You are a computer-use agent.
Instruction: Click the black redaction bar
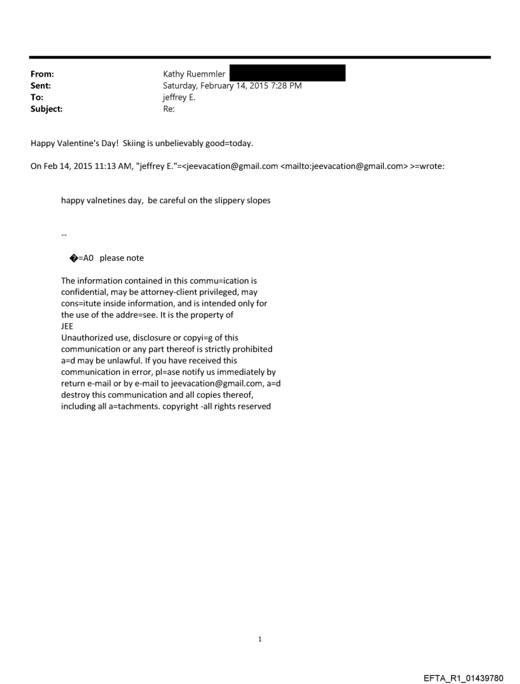click(287, 73)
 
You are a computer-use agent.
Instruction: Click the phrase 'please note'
click(122, 258)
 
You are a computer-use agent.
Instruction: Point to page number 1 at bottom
click(260, 638)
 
